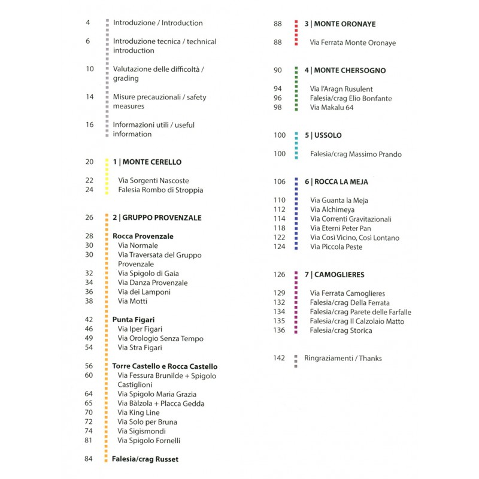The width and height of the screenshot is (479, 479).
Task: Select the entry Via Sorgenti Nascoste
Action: coord(153,181)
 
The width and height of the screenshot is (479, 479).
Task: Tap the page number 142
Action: coord(279,359)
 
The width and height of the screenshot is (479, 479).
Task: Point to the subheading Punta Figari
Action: coord(134,320)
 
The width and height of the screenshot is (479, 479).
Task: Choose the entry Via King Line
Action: coord(139,413)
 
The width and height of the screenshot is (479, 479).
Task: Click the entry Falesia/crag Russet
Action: coord(145,459)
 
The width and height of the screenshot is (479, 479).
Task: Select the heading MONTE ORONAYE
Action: coord(339,24)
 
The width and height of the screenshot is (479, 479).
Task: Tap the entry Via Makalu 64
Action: coord(332,108)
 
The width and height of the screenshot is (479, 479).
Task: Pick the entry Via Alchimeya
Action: coord(332,210)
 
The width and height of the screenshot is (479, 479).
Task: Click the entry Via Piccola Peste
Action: coord(336,247)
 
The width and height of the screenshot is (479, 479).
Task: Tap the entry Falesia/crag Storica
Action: coord(341,331)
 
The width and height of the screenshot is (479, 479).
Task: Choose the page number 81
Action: coord(89,441)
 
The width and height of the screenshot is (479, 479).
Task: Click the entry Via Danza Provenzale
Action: coord(153,283)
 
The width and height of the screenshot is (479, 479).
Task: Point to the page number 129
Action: coord(279,293)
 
